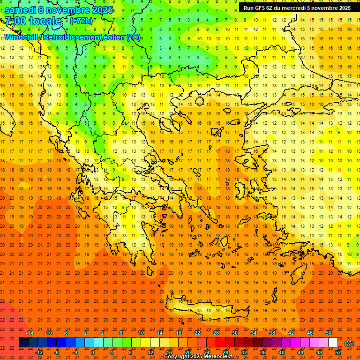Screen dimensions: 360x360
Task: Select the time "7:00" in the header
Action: (x=16, y=22)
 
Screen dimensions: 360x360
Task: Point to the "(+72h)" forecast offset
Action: (x=81, y=22)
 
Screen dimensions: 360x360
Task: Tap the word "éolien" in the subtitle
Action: (x=118, y=37)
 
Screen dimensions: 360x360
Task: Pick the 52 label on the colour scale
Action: (x=337, y=352)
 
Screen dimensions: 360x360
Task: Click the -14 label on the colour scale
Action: (x=30, y=333)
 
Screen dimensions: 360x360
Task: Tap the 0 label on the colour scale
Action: (x=92, y=352)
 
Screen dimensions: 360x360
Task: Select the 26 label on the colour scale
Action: (x=216, y=333)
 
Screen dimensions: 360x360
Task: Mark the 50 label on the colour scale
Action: (x=328, y=333)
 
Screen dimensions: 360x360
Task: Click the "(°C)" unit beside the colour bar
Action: (x=349, y=343)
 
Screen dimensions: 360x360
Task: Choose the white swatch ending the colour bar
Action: (x=333, y=343)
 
